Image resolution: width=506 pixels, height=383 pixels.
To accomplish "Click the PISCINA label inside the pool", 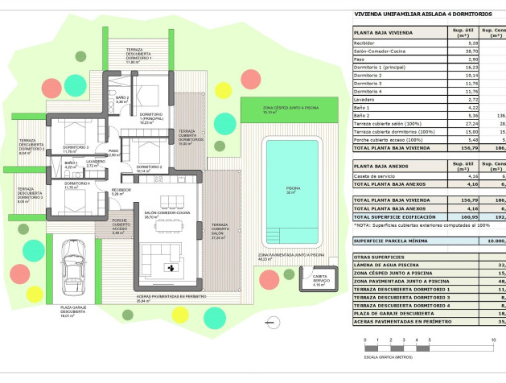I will (x=293, y=191).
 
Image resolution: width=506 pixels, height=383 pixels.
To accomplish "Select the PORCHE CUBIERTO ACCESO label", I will (x=120, y=225).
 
